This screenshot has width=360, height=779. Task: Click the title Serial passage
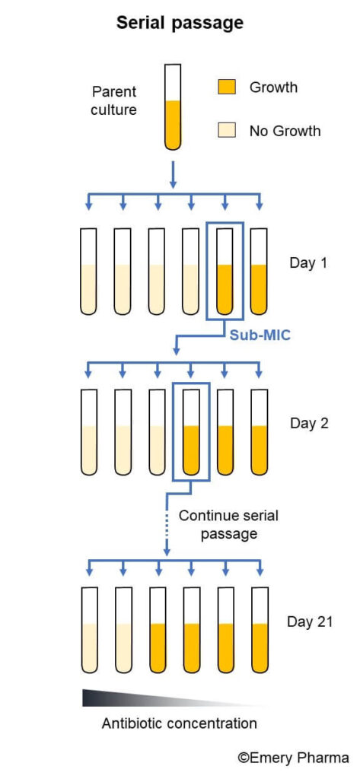[x=180, y=24]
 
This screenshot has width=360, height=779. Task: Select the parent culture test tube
[x=173, y=107]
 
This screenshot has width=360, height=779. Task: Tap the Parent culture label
[x=114, y=100]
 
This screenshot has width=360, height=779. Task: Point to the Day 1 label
[x=309, y=263]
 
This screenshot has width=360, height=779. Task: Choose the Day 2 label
[x=309, y=424]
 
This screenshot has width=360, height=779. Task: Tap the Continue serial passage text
[x=228, y=525]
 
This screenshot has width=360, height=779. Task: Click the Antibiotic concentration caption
[x=180, y=723]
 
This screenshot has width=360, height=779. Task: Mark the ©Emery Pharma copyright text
[x=293, y=758]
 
